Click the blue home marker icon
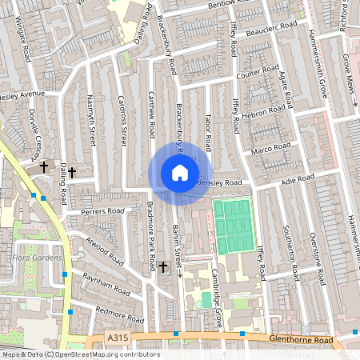[180, 173]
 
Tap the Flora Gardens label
[32, 258]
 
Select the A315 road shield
[118, 339]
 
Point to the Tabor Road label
[207, 128]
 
